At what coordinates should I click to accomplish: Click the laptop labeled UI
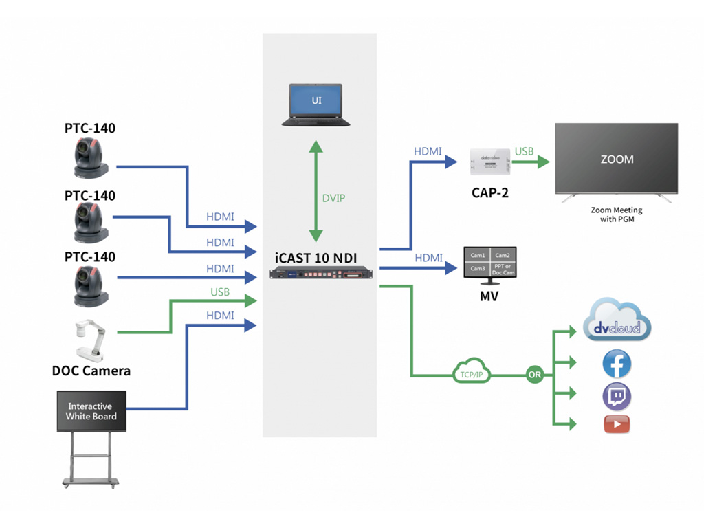point(316,104)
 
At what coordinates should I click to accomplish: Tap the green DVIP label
point(334,198)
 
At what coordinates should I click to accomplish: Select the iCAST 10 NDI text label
point(317,258)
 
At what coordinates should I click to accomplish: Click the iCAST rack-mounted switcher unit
point(320,274)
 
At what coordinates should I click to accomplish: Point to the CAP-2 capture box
point(490,162)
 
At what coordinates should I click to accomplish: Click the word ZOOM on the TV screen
point(617,159)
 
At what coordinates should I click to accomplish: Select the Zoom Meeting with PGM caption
point(616,214)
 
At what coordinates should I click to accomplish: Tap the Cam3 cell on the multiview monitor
point(478,268)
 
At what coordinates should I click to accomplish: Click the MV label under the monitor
point(489,297)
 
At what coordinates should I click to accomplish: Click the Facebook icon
point(617,364)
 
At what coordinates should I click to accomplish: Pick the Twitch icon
point(617,397)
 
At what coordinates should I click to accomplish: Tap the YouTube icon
point(617,425)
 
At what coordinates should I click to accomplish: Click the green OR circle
point(534,375)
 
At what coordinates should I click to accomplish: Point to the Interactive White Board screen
point(91,411)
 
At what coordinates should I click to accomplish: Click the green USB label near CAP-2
point(524,151)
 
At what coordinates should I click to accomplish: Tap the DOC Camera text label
point(91,371)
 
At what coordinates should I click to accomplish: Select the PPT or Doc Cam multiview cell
point(503,268)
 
